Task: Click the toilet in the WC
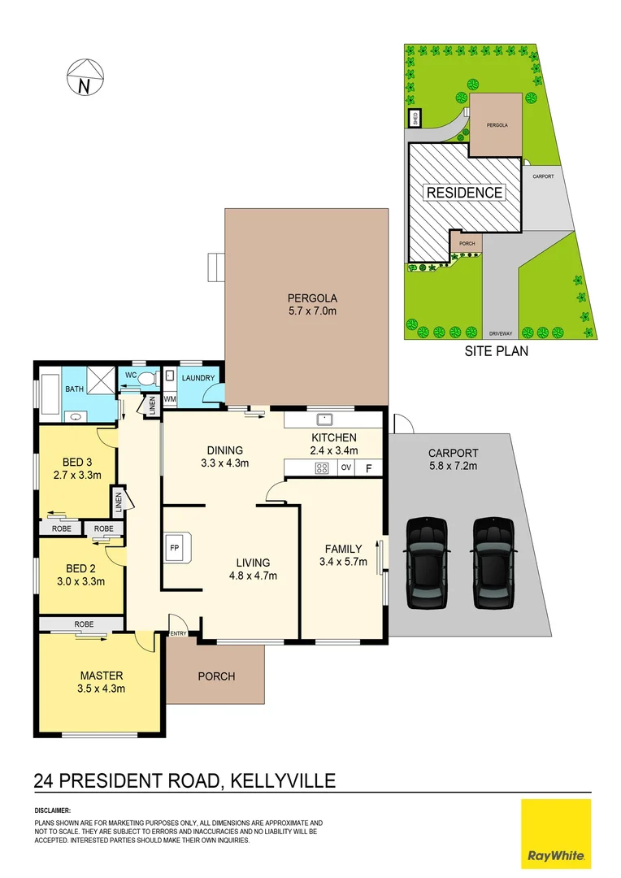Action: [145, 378]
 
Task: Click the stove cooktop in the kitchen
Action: [322, 467]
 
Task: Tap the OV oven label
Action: [345, 467]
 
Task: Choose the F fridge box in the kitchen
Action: [368, 467]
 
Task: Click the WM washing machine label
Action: [170, 399]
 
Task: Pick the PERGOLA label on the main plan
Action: [312, 298]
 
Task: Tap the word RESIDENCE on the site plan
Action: [464, 193]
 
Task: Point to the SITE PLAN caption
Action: [496, 352]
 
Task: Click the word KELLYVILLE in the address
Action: [281, 781]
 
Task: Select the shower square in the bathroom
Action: [100, 380]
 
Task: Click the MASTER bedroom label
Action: [101, 676]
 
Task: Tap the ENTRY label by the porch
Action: [177, 633]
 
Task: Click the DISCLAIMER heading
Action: [53, 811]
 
